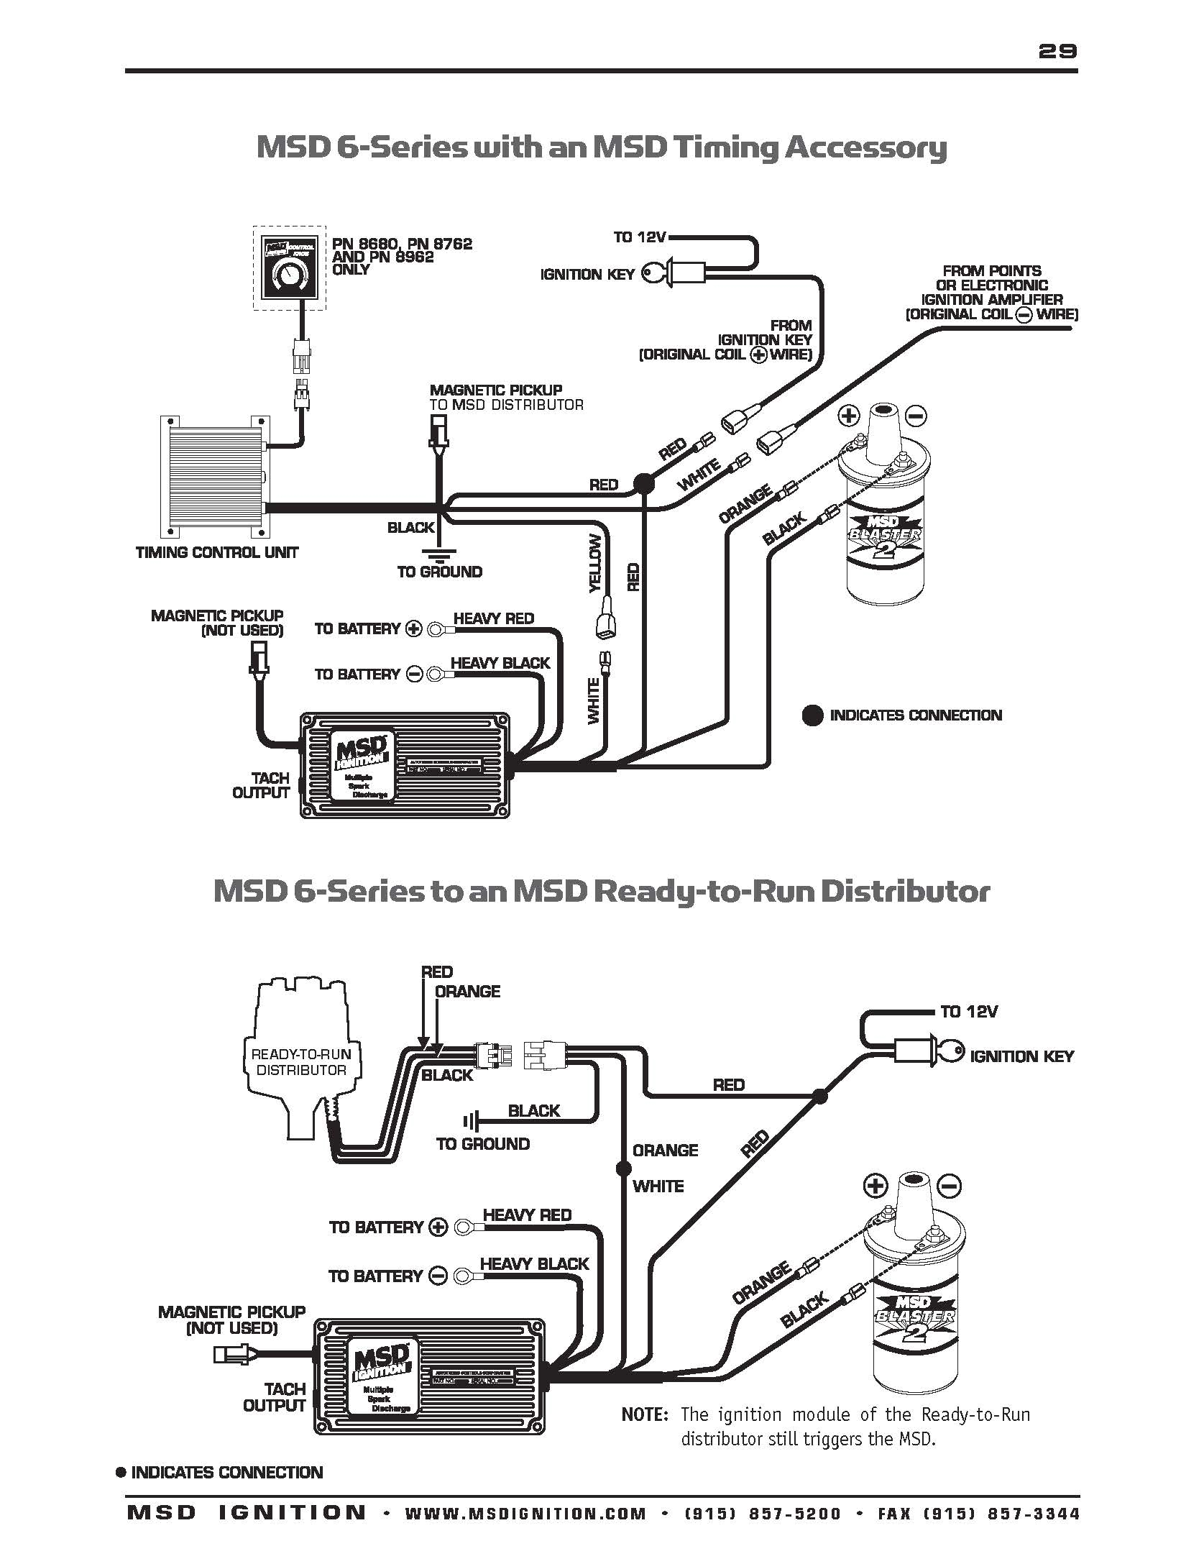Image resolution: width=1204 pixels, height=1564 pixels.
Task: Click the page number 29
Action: (1057, 50)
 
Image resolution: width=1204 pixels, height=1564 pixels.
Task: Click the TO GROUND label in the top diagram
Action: (440, 572)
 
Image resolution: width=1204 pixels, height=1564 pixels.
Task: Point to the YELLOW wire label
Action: (595, 564)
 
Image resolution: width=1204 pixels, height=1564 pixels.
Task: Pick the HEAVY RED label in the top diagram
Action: (494, 618)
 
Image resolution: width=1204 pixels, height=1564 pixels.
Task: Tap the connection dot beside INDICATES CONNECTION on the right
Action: (812, 715)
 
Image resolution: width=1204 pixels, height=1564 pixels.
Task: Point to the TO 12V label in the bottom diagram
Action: (969, 1012)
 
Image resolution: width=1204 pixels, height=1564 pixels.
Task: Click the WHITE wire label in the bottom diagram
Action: (658, 1186)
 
